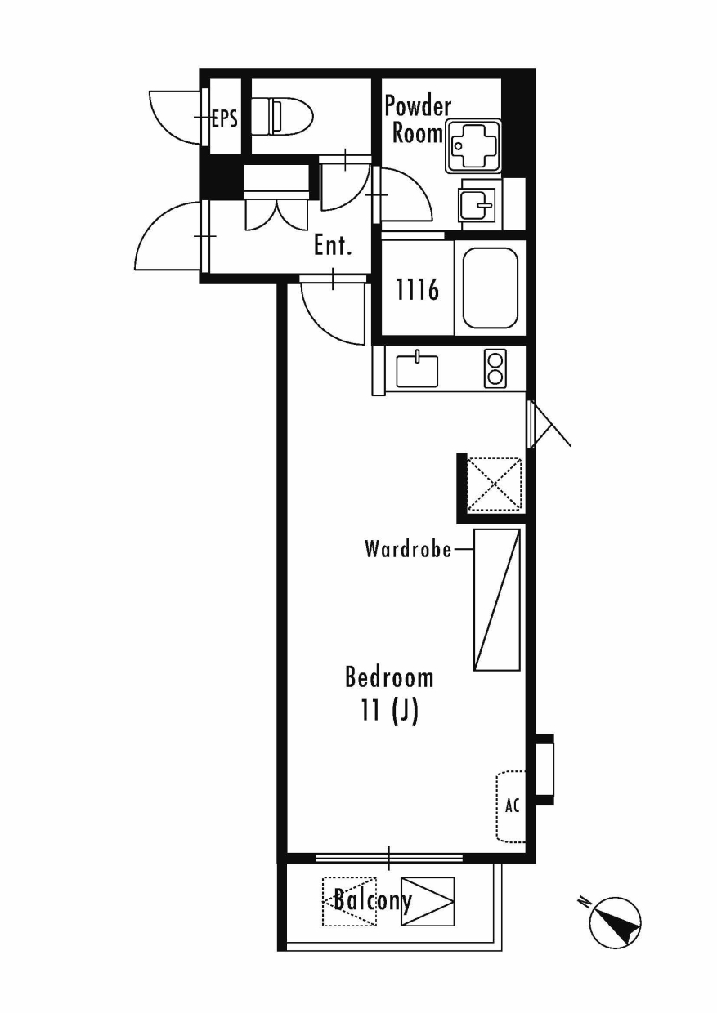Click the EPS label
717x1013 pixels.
pyautogui.click(x=225, y=118)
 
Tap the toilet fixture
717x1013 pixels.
pyautogui.click(x=281, y=117)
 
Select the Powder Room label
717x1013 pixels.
pyautogui.click(x=418, y=120)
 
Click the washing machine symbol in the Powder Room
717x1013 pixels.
pyautogui.click(x=474, y=145)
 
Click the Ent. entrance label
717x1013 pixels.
pyautogui.click(x=333, y=246)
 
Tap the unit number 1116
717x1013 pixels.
pyautogui.click(x=417, y=289)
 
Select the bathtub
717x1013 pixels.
pyautogui.click(x=491, y=288)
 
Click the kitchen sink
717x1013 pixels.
pyautogui.click(x=417, y=370)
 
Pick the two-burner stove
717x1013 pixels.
pyautogui.click(x=495, y=368)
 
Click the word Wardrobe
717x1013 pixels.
pyautogui.click(x=408, y=550)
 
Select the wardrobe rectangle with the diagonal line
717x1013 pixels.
pyautogui.click(x=496, y=600)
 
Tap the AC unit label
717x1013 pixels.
pyautogui.click(x=512, y=805)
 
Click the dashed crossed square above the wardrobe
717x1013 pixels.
pyautogui.click(x=494, y=484)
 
